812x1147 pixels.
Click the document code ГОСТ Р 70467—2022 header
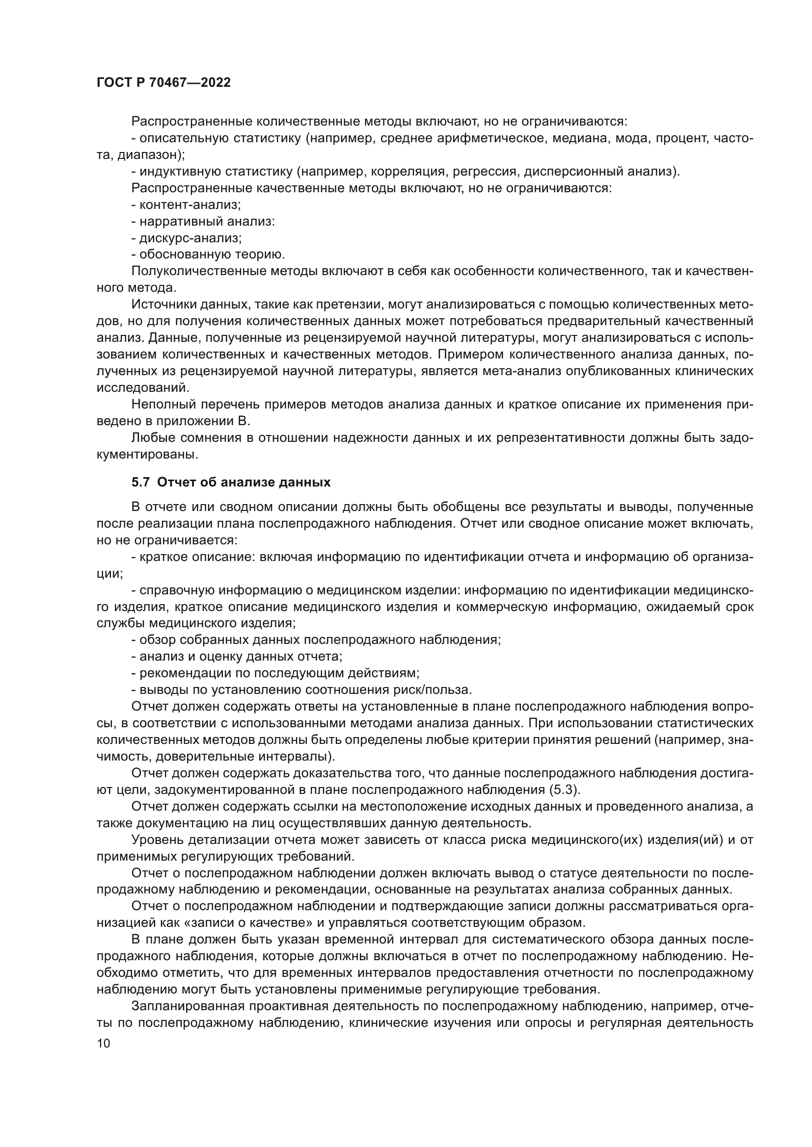163,83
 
